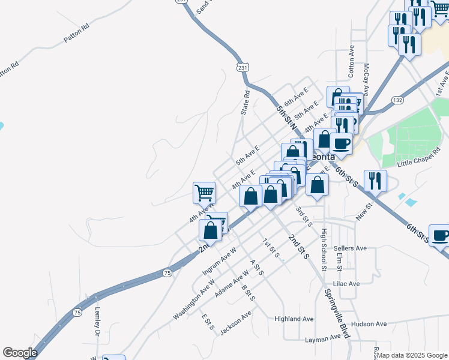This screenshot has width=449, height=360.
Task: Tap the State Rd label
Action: (245, 103)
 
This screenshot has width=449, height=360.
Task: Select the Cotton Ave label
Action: (352, 61)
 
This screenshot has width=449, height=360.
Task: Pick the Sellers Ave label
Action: (351, 248)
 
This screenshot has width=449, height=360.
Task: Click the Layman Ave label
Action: (323, 339)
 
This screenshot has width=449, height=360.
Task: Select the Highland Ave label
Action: (294, 319)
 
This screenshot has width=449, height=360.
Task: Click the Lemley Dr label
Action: (98, 322)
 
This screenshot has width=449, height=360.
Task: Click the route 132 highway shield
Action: (397, 100)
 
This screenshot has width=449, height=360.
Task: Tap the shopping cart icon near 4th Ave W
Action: (204, 193)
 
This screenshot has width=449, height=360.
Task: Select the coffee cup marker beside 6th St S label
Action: (440, 235)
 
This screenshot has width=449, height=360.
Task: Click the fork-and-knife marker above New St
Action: (375, 180)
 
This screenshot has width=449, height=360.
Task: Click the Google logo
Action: (20, 353)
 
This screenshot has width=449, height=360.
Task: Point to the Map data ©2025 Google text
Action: (412, 355)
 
